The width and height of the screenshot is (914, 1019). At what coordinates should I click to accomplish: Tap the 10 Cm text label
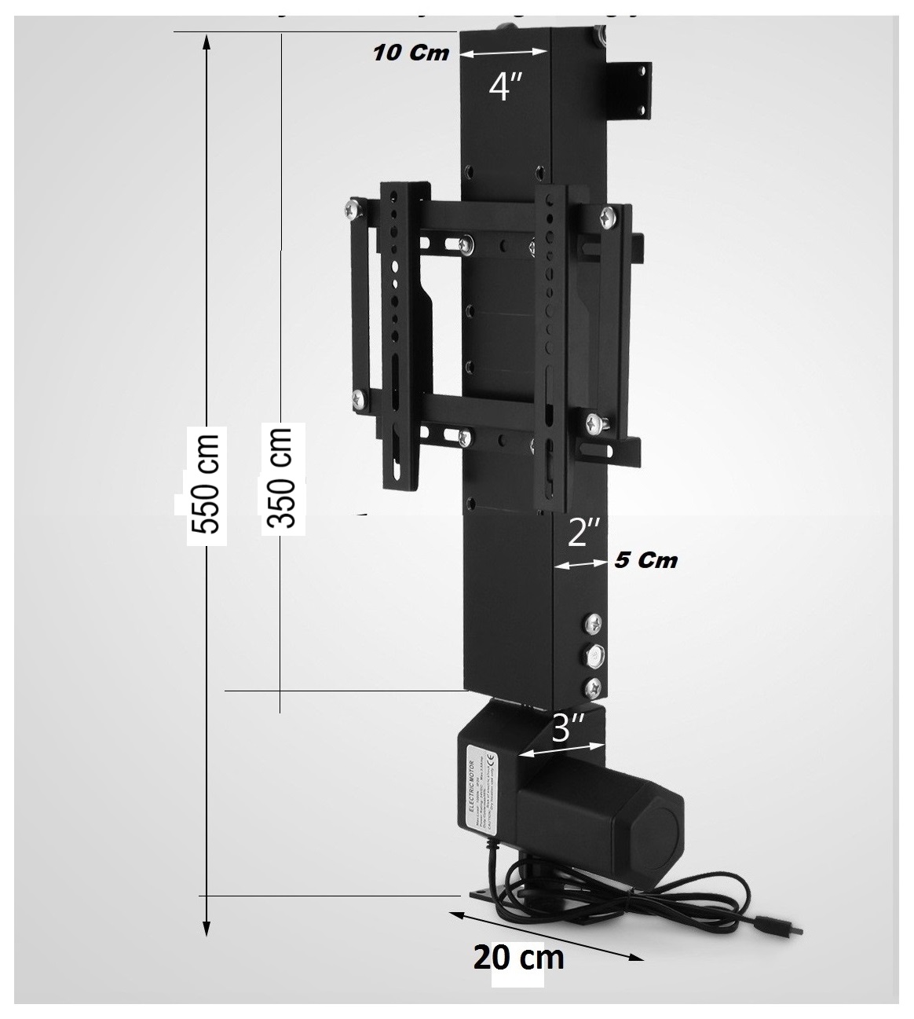tap(411, 53)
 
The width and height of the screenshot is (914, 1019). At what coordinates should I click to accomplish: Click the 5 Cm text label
tap(646, 561)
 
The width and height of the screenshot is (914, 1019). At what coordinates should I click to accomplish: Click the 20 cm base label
tap(518, 957)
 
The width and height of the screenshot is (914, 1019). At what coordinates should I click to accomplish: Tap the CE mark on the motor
tap(492, 759)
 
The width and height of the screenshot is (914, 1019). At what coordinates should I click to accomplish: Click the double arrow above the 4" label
tap(503, 53)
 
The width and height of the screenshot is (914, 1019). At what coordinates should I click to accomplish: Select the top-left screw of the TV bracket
tap(352, 211)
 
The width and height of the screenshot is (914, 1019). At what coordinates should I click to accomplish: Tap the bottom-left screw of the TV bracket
tap(360, 398)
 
